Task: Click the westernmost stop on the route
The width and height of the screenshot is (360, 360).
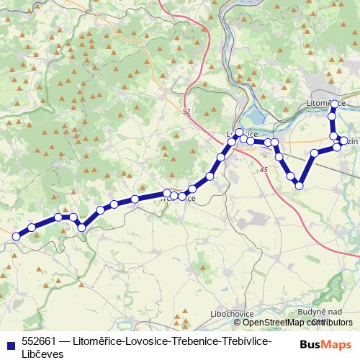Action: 17,235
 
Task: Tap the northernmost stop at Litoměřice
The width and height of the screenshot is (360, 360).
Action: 334,104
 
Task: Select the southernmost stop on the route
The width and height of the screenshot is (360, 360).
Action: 300,186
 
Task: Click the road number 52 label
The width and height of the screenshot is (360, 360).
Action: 186,112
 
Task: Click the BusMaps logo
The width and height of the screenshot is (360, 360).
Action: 325,344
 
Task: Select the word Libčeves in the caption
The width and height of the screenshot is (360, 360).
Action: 42,354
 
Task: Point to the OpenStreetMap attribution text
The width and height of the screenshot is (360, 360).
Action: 291,323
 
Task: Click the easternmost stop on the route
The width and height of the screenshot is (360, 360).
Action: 344,141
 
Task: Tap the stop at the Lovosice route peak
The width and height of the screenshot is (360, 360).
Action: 239,132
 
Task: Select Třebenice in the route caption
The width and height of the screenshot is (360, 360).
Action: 192,341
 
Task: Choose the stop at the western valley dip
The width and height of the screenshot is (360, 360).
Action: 81,228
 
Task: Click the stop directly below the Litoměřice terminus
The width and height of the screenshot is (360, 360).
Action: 333,116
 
